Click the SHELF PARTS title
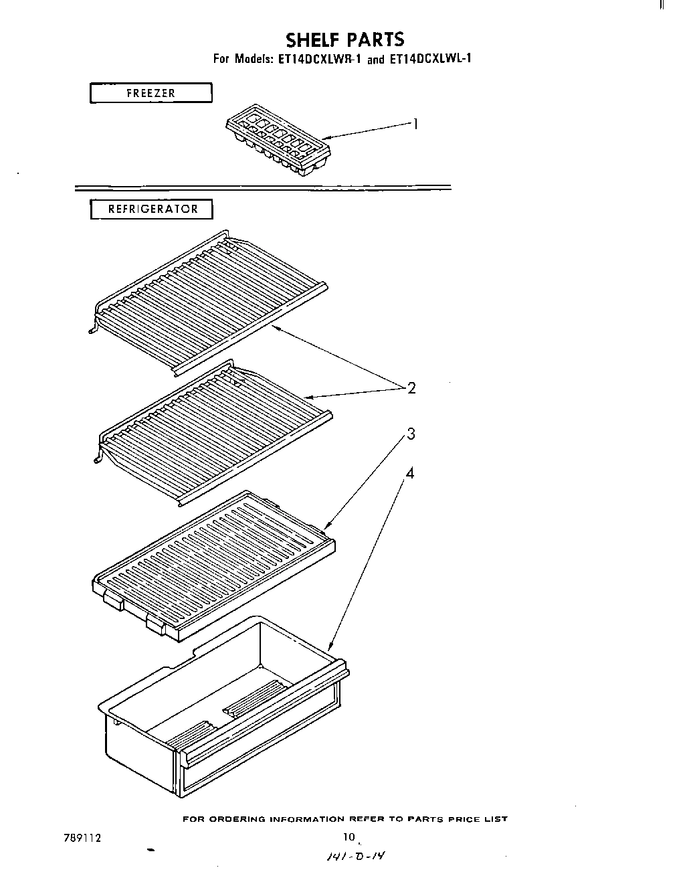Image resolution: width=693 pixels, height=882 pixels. click(x=344, y=39)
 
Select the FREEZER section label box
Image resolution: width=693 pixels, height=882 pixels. click(x=151, y=93)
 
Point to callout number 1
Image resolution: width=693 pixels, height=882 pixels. click(x=415, y=124)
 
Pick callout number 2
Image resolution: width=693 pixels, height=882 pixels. click(x=411, y=388)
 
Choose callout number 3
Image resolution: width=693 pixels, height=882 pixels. click(x=411, y=434)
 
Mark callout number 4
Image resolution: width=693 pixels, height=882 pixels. click(x=410, y=474)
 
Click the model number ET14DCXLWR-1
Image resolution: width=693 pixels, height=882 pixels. click(x=318, y=59)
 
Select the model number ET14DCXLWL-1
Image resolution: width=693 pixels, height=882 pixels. click(x=429, y=59)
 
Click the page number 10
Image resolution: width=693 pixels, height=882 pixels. click(x=349, y=837)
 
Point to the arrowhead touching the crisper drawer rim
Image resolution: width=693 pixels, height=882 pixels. click(x=330, y=648)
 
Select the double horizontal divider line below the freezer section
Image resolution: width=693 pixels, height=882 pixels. click(x=262, y=188)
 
